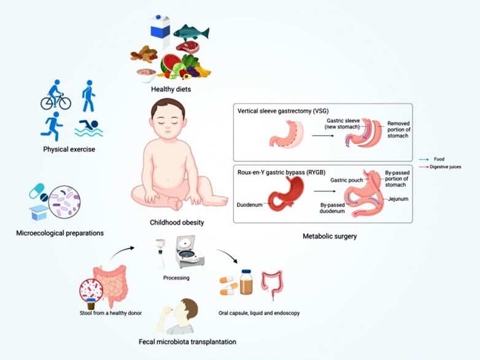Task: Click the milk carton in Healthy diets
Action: coord(160,31)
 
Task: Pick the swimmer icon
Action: coord(89,128)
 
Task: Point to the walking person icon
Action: coord(88,96)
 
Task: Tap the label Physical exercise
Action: coord(69,149)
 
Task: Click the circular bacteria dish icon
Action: coord(64,202)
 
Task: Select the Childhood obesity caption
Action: coord(177,223)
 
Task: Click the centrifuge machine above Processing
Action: coord(190,251)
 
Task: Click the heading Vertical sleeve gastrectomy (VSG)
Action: coord(283,111)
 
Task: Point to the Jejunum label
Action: coord(398,199)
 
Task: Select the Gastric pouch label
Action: coord(347,180)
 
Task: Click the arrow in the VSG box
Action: coord(323,135)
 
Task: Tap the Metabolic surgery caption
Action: coord(330,236)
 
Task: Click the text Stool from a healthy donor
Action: coord(111,313)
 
